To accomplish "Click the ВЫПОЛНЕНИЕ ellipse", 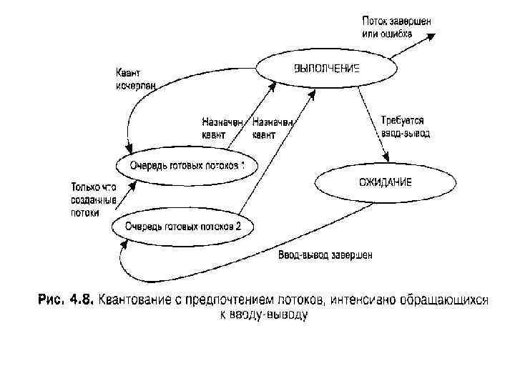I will (x=325, y=69).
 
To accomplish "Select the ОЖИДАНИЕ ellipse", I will (x=385, y=182).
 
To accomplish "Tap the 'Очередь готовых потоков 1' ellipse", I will (x=187, y=166).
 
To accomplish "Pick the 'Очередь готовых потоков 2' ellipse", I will (x=184, y=227).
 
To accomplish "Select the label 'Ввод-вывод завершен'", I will (x=325, y=255).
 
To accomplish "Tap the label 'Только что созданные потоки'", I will (x=93, y=199).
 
